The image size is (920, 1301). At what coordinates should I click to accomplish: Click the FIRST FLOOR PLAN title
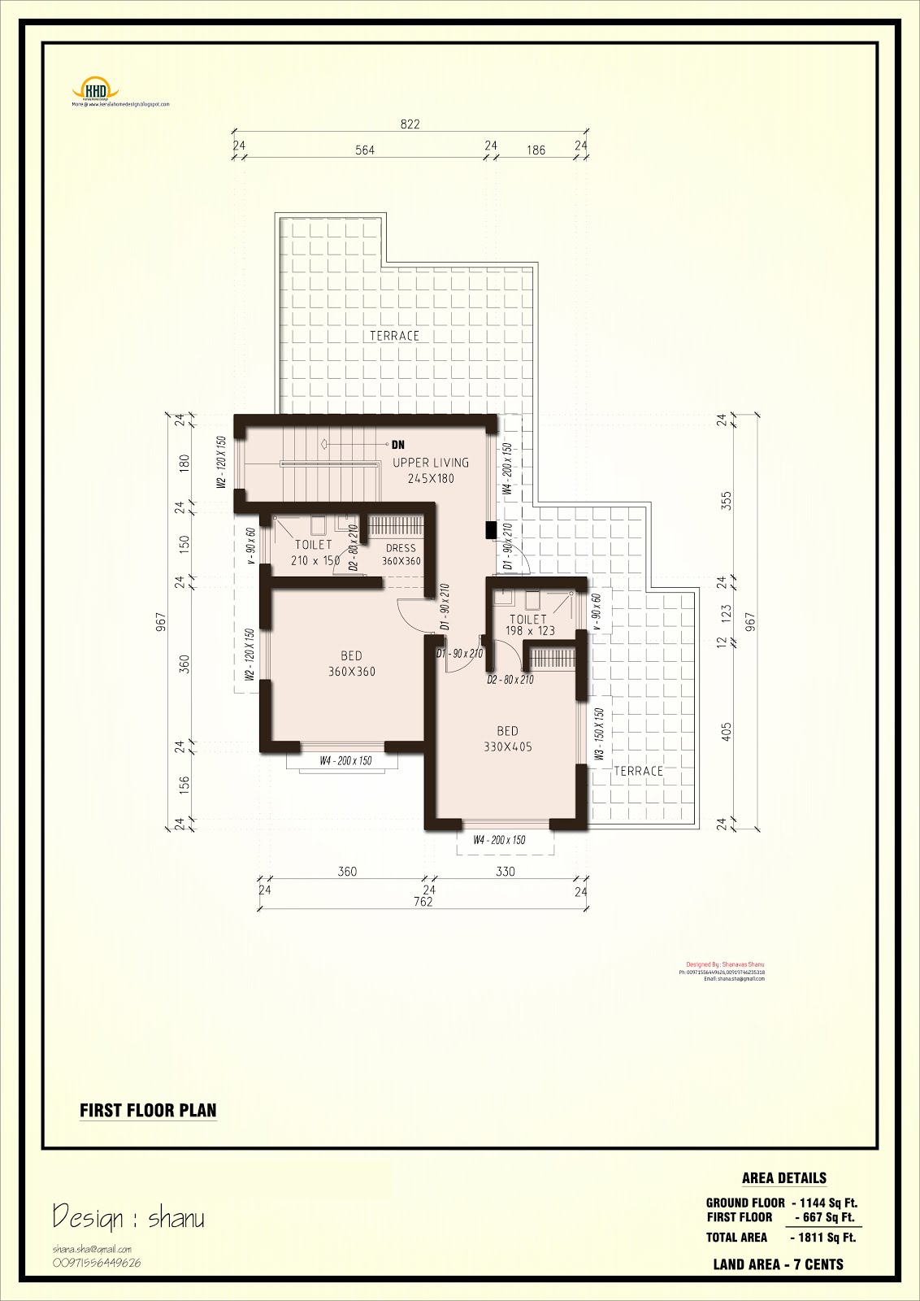148,1111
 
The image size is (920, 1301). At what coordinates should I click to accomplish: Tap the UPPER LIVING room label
431,470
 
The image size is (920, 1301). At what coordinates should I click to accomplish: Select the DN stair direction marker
397,445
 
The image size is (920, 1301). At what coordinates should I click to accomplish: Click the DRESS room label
401,555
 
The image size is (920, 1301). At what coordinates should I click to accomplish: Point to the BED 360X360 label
351,664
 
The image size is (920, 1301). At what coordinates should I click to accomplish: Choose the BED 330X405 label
507,739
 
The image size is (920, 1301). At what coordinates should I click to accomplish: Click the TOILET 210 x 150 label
315,552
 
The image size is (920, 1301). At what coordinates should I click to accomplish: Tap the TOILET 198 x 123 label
529,624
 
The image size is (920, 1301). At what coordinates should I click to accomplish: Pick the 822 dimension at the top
410,124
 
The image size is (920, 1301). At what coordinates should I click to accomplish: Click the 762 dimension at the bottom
423,902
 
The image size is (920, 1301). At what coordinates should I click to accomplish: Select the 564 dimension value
365,150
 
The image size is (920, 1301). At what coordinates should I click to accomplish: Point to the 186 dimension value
536,150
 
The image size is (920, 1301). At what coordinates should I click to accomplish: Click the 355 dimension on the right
727,499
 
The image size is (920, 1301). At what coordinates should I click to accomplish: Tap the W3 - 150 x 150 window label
600,733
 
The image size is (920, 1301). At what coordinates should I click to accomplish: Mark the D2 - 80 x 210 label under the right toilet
510,680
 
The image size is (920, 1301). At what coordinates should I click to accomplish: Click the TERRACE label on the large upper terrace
394,336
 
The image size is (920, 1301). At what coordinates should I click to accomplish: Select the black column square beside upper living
491,530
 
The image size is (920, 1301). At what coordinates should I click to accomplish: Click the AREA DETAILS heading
783,1178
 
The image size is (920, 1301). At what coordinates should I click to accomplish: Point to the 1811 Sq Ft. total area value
823,1238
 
